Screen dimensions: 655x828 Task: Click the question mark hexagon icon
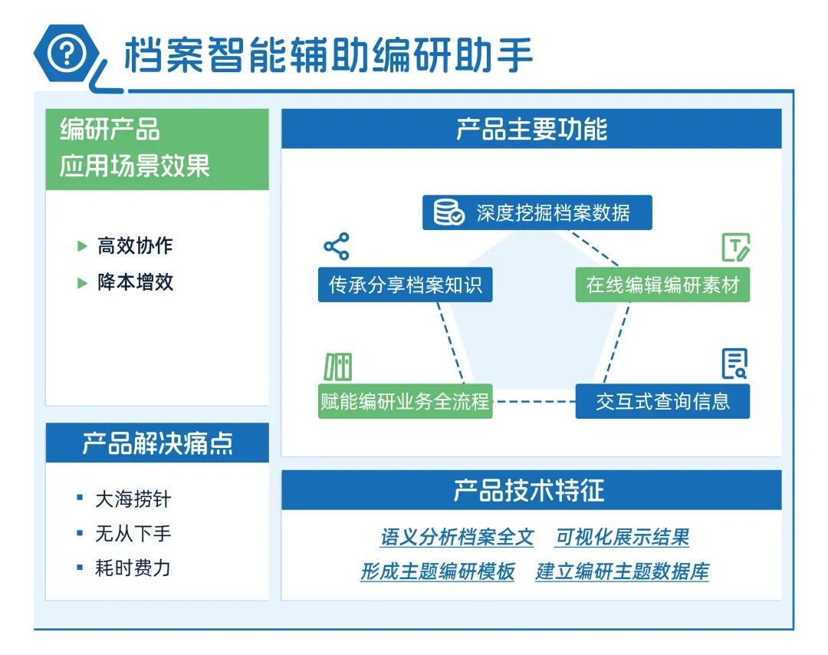68,53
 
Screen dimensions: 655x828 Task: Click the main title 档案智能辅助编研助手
328,55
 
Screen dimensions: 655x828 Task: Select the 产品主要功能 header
531,129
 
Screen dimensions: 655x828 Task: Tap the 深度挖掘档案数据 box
537,212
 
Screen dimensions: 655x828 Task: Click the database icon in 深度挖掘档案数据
449,212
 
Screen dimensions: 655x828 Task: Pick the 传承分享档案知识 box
405,285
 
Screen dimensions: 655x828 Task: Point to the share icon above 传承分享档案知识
336,246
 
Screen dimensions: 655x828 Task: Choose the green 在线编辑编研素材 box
662,285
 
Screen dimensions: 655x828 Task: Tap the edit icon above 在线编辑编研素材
735,247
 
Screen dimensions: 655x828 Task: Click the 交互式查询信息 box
662,401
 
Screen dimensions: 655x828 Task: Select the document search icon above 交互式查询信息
734,364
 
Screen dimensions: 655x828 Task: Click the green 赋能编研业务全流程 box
405,401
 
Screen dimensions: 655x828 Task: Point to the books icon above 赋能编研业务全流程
337,367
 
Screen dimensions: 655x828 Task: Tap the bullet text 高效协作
135,245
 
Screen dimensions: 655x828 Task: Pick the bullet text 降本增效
135,281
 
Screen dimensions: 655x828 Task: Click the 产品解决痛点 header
157,443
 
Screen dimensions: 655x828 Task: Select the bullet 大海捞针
133,499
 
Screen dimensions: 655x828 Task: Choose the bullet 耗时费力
133,568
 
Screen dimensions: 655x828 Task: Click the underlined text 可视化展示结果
622,537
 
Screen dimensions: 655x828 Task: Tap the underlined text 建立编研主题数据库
622,571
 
